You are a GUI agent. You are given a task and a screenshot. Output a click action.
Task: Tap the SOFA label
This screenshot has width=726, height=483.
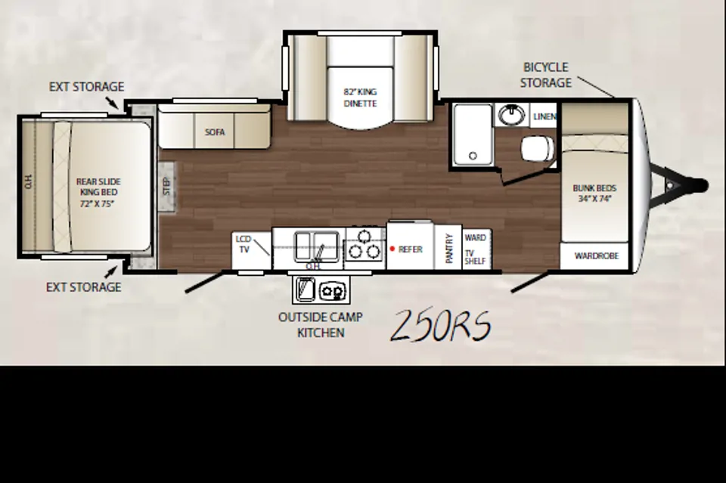pyautogui.click(x=215, y=132)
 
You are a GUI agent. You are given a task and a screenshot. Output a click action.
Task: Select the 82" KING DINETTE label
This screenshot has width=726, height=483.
pyautogui.click(x=360, y=98)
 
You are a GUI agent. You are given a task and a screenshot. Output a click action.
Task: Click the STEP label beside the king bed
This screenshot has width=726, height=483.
pyautogui.click(x=167, y=186)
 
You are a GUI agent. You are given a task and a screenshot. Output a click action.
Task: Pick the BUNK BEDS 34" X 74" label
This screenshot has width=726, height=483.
pyautogui.click(x=594, y=194)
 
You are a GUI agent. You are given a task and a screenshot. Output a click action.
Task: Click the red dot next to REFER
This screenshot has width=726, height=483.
pyautogui.click(x=392, y=249)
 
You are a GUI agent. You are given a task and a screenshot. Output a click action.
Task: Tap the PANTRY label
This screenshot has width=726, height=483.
pyautogui.click(x=448, y=249)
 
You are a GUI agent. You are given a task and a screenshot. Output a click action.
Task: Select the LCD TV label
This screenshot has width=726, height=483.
pyautogui.click(x=244, y=244)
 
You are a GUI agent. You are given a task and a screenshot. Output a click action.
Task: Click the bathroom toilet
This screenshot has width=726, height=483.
pyautogui.click(x=538, y=148)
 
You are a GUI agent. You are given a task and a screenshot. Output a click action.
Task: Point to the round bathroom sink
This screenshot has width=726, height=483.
pyautogui.click(x=512, y=114)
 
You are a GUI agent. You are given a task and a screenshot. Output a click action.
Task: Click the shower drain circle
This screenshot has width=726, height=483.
pyautogui.click(x=473, y=156)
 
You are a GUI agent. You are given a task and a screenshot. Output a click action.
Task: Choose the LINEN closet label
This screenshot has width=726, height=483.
pyautogui.click(x=545, y=116)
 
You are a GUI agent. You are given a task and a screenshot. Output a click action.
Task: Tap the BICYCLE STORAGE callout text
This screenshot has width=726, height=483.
pyautogui.click(x=546, y=75)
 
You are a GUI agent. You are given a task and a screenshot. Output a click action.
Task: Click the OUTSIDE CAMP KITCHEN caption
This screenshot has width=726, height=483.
pyautogui.click(x=321, y=325)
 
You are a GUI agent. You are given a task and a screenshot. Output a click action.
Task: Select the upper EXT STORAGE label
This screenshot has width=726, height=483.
pyautogui.click(x=86, y=87)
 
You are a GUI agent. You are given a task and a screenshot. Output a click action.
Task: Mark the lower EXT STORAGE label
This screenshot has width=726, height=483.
pyautogui.click(x=84, y=287)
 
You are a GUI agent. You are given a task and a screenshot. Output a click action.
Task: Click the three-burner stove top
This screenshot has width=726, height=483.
pyautogui.click(x=365, y=247)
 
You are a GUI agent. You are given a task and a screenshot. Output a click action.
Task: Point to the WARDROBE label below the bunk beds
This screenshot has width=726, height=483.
pyautogui.click(x=597, y=255)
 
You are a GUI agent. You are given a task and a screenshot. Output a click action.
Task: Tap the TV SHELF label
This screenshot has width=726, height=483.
pyautogui.click(x=475, y=257)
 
